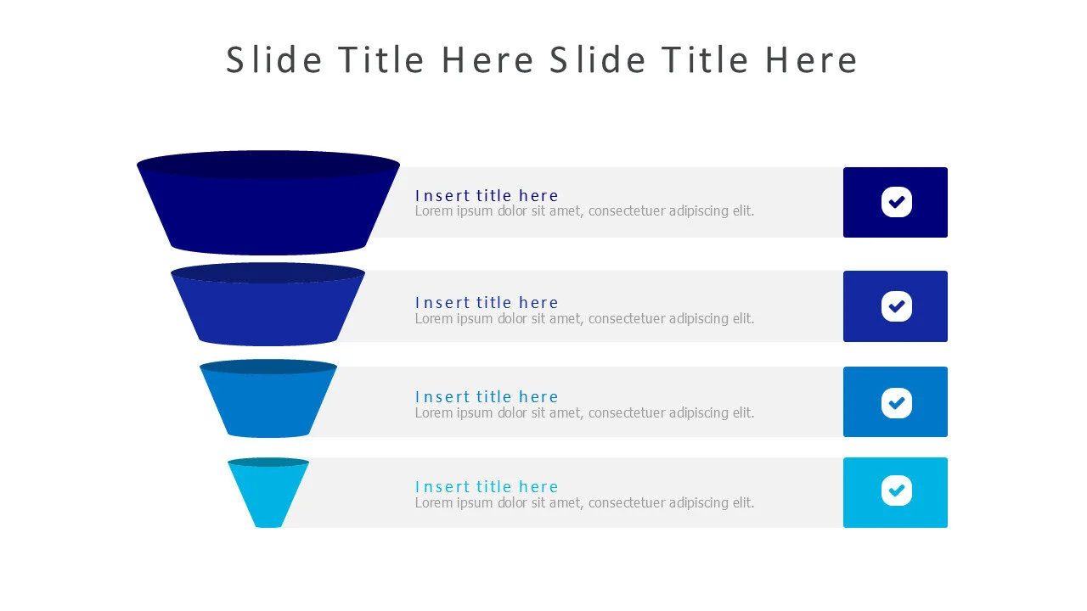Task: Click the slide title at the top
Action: click(542, 60)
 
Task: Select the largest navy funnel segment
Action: click(268, 212)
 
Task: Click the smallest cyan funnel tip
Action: click(268, 496)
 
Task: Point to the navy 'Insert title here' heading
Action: click(487, 196)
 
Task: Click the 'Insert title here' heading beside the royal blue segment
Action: click(487, 303)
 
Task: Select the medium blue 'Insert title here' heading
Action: click(487, 397)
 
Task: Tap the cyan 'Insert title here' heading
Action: click(487, 487)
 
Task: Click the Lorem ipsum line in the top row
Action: click(584, 211)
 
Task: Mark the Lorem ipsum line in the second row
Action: click(584, 319)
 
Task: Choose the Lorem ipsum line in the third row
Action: click(584, 413)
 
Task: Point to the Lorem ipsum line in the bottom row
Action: click(584, 503)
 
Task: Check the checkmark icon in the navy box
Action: click(896, 202)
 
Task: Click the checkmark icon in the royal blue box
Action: click(896, 306)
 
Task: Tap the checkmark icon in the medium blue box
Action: click(896, 402)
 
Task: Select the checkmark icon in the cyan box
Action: click(896, 490)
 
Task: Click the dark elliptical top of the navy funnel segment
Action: click(268, 165)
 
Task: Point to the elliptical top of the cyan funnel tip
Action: click(268, 462)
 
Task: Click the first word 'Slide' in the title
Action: click(273, 60)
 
